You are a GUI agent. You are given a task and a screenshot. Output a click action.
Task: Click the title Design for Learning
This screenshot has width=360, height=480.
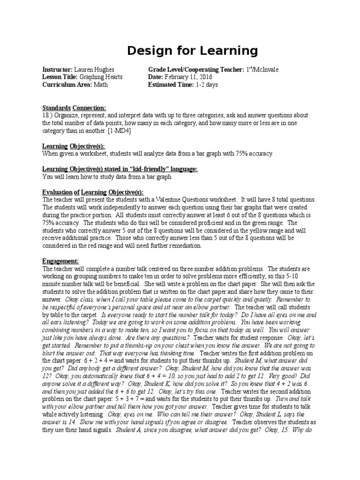(193, 51)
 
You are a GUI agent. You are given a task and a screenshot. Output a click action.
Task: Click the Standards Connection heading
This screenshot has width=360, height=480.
(75, 107)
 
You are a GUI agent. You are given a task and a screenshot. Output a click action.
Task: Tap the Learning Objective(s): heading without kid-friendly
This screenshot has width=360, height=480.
(74, 146)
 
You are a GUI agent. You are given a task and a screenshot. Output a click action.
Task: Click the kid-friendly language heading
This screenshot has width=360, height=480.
(120, 169)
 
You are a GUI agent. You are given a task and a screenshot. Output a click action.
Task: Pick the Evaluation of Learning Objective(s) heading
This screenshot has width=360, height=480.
(93, 192)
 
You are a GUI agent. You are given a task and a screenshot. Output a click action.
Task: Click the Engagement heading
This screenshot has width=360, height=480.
(61, 261)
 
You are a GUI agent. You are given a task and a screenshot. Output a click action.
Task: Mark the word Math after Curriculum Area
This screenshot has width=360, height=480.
(101, 85)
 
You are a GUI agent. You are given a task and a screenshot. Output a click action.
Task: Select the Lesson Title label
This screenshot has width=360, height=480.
(60, 77)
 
